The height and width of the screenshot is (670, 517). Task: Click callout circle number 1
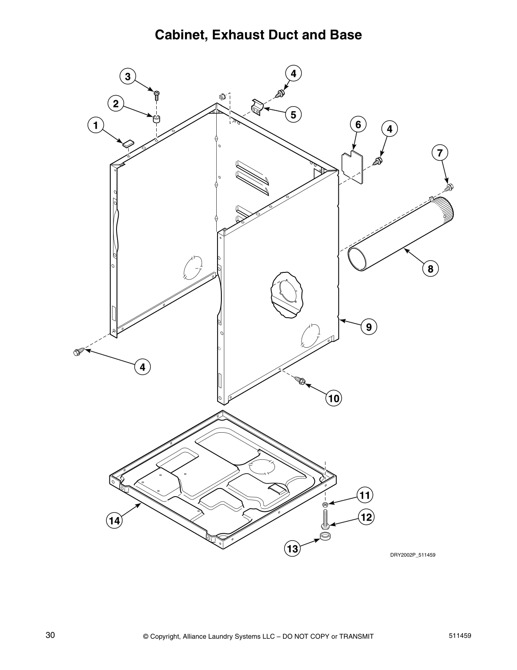tap(96, 125)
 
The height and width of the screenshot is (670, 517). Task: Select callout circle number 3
tap(128, 77)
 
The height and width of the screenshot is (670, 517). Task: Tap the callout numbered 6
tap(358, 124)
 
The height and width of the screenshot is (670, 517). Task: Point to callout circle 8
tap(430, 269)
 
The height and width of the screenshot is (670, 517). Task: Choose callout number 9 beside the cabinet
tap(369, 327)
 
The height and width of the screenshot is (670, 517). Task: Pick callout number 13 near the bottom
tap(292, 549)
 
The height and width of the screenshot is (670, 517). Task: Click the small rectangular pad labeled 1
tap(128, 143)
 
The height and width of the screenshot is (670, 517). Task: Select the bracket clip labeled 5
tap(257, 107)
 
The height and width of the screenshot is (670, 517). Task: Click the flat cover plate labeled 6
tap(352, 167)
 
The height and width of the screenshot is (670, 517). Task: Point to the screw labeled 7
tap(449, 187)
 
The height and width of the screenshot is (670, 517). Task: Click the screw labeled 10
tap(300, 380)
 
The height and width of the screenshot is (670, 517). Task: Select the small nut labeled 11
tap(325, 505)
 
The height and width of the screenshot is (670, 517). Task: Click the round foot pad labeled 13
tap(325, 537)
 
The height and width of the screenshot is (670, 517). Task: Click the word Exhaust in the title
tap(239, 35)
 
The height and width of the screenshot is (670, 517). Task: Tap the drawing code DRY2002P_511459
tap(412, 555)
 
